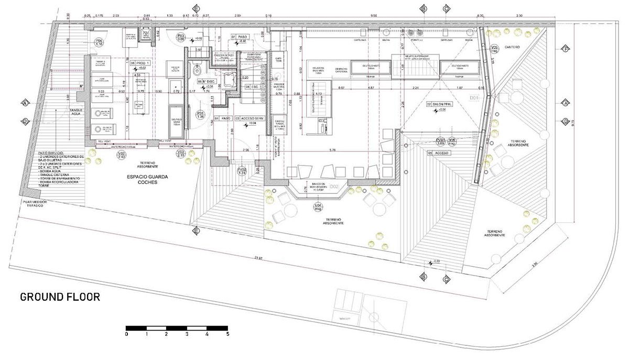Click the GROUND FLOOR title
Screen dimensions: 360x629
click(60, 297)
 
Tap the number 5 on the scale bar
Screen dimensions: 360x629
click(227, 334)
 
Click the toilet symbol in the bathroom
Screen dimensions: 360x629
click(197, 70)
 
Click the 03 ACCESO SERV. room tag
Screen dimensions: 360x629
click(250, 118)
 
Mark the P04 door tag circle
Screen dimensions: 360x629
click(100, 42)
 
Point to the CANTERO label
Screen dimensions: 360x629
click(513, 47)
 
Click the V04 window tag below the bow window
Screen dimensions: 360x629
click(317, 207)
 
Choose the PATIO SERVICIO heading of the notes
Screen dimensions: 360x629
click(52, 151)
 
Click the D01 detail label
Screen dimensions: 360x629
click(474, 97)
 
